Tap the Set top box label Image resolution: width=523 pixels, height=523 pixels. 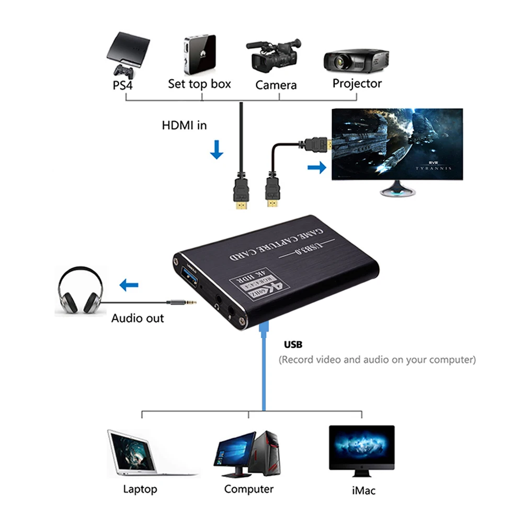(199, 84)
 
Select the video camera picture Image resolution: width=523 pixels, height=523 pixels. (273, 56)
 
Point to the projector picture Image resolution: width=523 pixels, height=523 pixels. (356, 60)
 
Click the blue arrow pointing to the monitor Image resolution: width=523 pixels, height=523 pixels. (314, 167)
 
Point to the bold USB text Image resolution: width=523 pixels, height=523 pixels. (293, 345)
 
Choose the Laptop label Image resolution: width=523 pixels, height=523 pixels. (140, 490)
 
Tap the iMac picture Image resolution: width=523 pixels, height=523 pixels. (361, 450)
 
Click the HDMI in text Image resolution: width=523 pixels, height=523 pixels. (184, 126)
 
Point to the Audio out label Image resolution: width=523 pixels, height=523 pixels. (138, 318)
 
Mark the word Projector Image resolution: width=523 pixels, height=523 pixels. (357, 83)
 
